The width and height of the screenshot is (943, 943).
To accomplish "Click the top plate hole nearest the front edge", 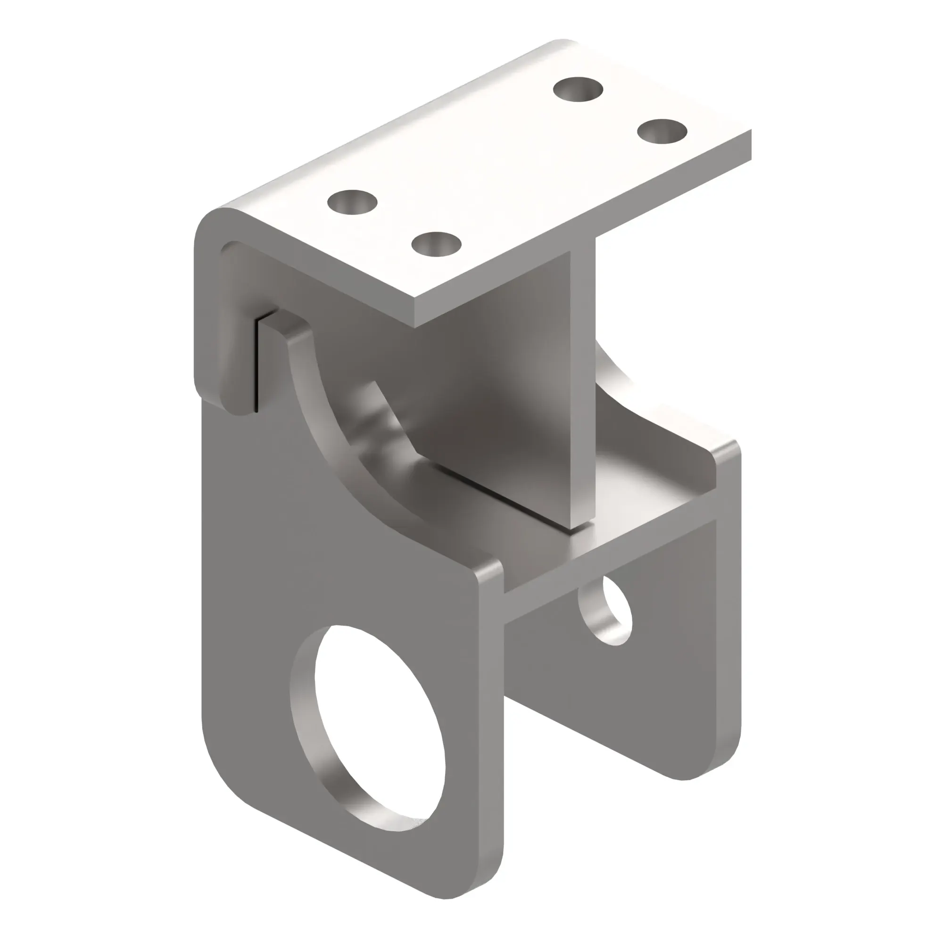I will tap(436, 245).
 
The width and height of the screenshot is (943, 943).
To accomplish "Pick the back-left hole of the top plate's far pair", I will tap(579, 90).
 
